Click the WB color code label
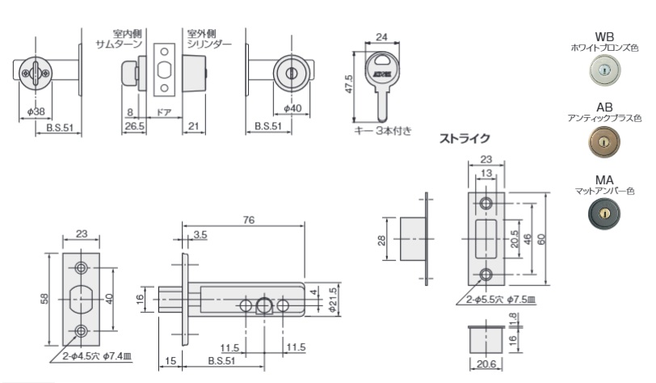[x=604, y=37]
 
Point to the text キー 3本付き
[x=383, y=130]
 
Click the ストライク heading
[x=464, y=139]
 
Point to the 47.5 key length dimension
[x=349, y=85]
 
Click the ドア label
[x=162, y=111]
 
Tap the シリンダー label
[x=209, y=44]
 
